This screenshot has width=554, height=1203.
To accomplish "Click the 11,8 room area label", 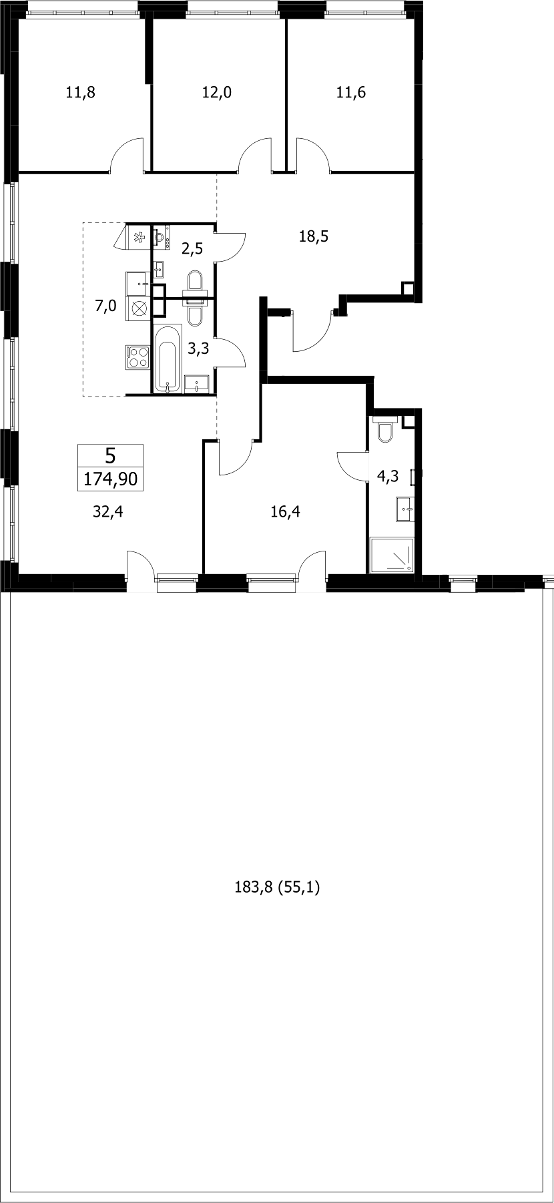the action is coord(80,93).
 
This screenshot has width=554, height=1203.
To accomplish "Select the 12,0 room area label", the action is coord(216,93).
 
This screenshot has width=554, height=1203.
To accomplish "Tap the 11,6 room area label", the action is coord(351,93).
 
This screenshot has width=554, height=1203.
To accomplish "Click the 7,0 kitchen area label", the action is coord(105,306).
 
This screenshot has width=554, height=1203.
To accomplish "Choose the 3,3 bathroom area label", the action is coord(196,348).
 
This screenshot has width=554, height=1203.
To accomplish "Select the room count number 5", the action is coord(111,456).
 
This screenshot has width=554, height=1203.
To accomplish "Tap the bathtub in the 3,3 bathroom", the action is coord(167,358).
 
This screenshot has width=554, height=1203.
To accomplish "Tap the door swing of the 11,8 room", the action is coord(127,154).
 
